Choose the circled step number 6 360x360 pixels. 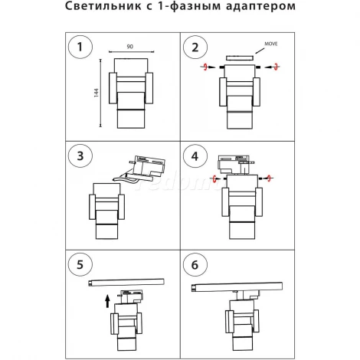pos(195,266)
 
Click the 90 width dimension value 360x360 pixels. pos(130,46)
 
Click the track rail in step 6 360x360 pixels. pos(241,289)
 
